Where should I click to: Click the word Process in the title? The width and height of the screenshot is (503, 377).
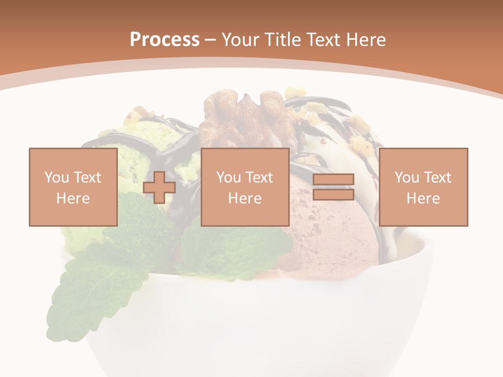pos(165,40)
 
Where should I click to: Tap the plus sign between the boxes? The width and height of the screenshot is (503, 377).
pos(159,187)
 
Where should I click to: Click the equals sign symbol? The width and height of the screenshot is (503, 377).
pos(333,187)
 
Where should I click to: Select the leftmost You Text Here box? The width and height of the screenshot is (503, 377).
pos(73,187)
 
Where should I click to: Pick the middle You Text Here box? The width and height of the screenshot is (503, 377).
pos(245,187)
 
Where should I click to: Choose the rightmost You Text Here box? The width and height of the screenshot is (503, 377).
pos(423,187)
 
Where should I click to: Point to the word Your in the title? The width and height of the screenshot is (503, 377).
pos(241,40)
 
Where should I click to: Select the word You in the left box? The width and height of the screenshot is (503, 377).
pos(56,178)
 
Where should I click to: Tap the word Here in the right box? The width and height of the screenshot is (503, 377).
pos(423,198)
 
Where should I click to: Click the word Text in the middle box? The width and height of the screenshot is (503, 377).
pos(259,178)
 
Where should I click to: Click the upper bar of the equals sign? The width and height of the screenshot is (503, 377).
pos(333,180)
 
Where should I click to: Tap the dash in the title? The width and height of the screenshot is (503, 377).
pos(211,40)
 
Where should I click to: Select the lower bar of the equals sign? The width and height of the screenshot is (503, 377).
pos(333,195)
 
